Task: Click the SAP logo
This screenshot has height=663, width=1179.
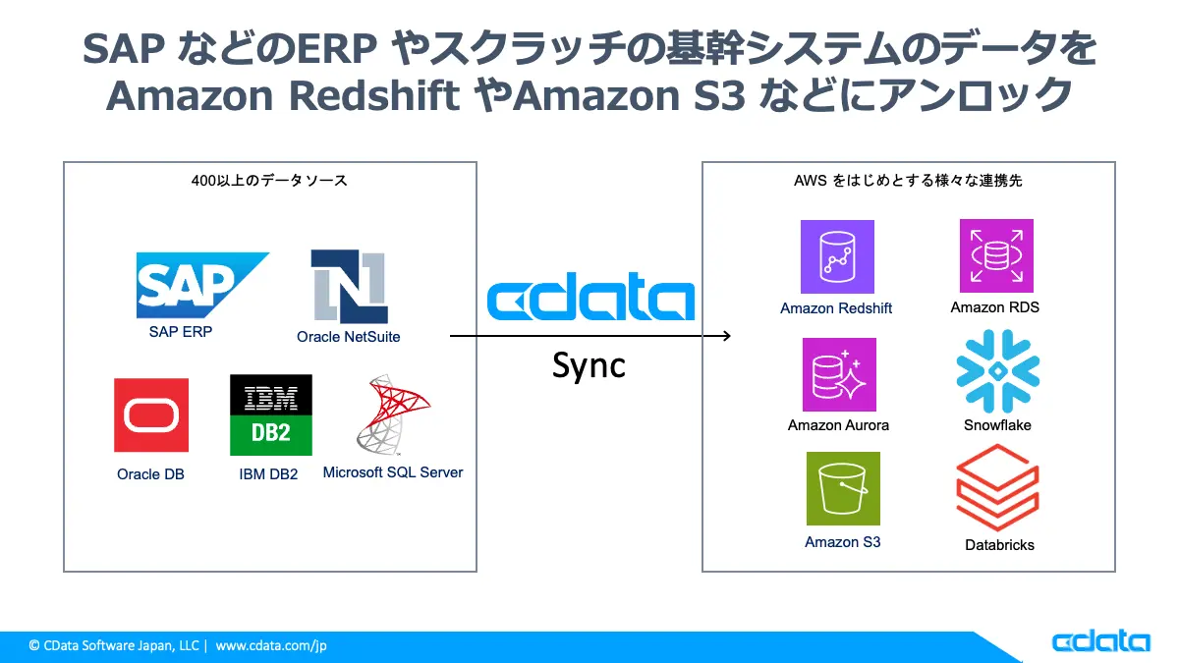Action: (200, 285)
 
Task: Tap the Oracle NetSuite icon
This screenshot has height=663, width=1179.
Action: (349, 287)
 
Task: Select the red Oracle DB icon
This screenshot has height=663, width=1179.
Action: (150, 414)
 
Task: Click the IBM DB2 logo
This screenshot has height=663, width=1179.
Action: (270, 414)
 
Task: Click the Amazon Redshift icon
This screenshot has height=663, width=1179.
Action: (837, 256)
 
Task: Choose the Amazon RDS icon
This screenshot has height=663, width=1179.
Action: (996, 255)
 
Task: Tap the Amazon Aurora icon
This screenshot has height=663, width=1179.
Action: (839, 375)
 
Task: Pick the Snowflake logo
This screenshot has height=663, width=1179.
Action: (997, 371)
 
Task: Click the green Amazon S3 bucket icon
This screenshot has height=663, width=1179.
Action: (843, 489)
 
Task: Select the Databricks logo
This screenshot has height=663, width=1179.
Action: (998, 488)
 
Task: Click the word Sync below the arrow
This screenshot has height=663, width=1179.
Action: (589, 366)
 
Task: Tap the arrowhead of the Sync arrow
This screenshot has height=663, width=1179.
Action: (726, 337)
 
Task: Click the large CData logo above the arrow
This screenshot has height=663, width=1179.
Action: (590, 302)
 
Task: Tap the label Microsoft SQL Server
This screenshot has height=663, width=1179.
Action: (393, 472)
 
